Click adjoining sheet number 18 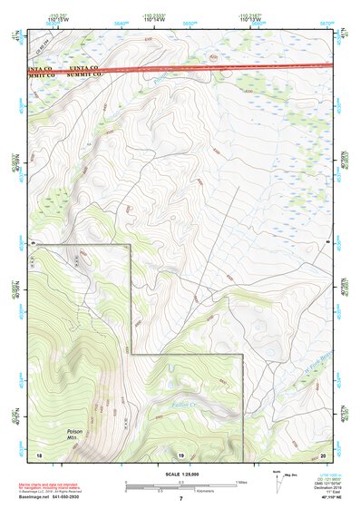(x=38, y=453)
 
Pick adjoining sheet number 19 (x=180, y=453)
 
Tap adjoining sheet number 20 (x=323, y=453)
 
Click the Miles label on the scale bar (x=239, y=482)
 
